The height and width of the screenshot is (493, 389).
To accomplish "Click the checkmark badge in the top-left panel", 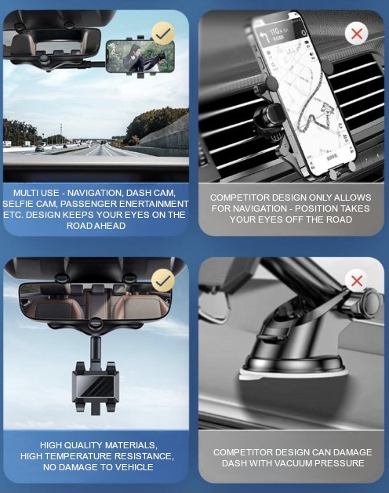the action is [x=162, y=33].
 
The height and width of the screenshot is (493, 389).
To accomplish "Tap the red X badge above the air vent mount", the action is [x=357, y=34].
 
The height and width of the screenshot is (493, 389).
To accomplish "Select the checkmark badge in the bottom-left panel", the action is [x=162, y=280].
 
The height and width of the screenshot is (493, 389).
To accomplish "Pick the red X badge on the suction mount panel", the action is [x=357, y=281].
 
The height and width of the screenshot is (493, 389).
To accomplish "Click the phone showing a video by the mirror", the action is [x=140, y=56].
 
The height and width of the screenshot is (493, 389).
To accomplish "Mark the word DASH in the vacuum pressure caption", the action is [x=231, y=463].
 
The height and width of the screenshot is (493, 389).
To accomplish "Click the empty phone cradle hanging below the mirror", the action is [x=96, y=386].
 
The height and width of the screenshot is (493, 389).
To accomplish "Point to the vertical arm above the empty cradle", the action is [x=96, y=350].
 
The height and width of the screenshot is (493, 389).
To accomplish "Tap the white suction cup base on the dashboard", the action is [x=293, y=372].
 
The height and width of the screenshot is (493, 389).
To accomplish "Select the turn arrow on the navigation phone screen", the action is [x=264, y=37].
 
